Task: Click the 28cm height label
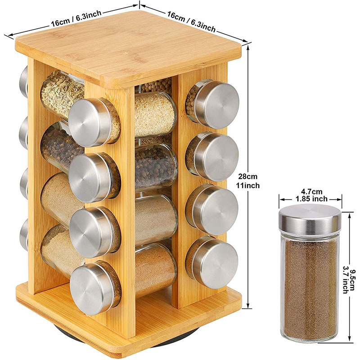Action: pyautogui.click(x=248, y=176)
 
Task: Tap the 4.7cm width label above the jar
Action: pyautogui.click(x=311, y=191)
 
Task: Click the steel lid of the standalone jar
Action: pyautogui.click(x=310, y=218)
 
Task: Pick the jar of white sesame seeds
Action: pyautogui.click(x=155, y=115)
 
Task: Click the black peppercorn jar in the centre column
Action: pyautogui.click(x=156, y=167)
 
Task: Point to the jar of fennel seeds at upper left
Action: pyautogui.click(x=62, y=94)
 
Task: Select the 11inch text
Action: pyautogui.click(x=248, y=185)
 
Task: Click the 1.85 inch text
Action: pyautogui.click(x=311, y=199)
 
